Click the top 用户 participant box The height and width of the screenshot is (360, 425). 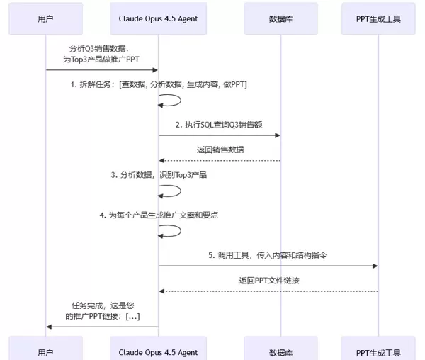click(x=45, y=19)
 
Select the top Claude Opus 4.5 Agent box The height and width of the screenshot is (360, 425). click(x=159, y=19)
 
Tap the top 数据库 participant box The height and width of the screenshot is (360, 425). click(x=280, y=19)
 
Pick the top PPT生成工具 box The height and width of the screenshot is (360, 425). click(x=378, y=19)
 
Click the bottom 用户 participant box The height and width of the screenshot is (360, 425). click(x=45, y=351)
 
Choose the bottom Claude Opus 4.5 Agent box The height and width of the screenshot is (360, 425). click(x=159, y=351)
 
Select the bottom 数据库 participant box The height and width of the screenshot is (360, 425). click(x=280, y=351)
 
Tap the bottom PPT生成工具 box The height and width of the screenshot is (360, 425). click(x=378, y=351)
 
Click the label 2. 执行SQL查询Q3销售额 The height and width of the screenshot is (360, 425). click(x=220, y=124)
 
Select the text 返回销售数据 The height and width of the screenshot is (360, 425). click(x=220, y=150)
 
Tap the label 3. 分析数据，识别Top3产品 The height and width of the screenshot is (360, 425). click(x=159, y=174)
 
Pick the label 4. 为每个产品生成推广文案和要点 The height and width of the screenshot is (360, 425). click(x=159, y=215)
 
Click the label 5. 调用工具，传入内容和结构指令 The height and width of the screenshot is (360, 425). click(x=268, y=254)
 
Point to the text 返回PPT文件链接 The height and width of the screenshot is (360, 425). click(x=268, y=280)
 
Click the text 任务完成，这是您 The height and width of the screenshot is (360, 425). click(x=103, y=305)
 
